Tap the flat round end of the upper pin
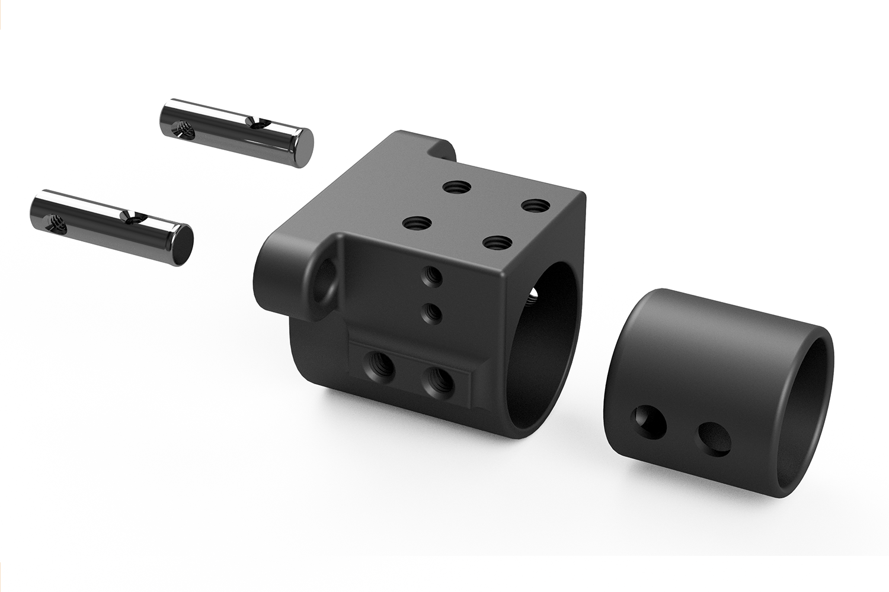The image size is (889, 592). point(303,148)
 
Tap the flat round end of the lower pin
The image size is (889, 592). point(183,245)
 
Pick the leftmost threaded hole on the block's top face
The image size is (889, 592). point(417,223)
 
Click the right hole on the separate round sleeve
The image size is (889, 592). point(714,439)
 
